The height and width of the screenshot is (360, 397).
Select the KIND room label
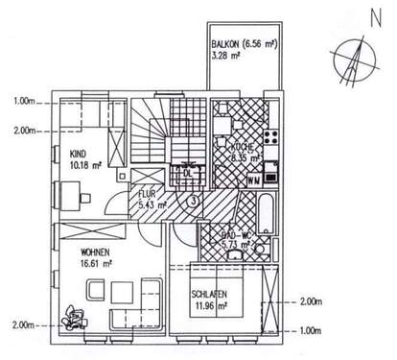78,152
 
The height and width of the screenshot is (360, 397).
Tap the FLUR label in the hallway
146,194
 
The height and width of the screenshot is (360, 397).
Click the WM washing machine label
253,180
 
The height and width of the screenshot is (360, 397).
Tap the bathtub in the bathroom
265,216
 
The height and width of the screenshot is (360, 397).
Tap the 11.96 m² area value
208,306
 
